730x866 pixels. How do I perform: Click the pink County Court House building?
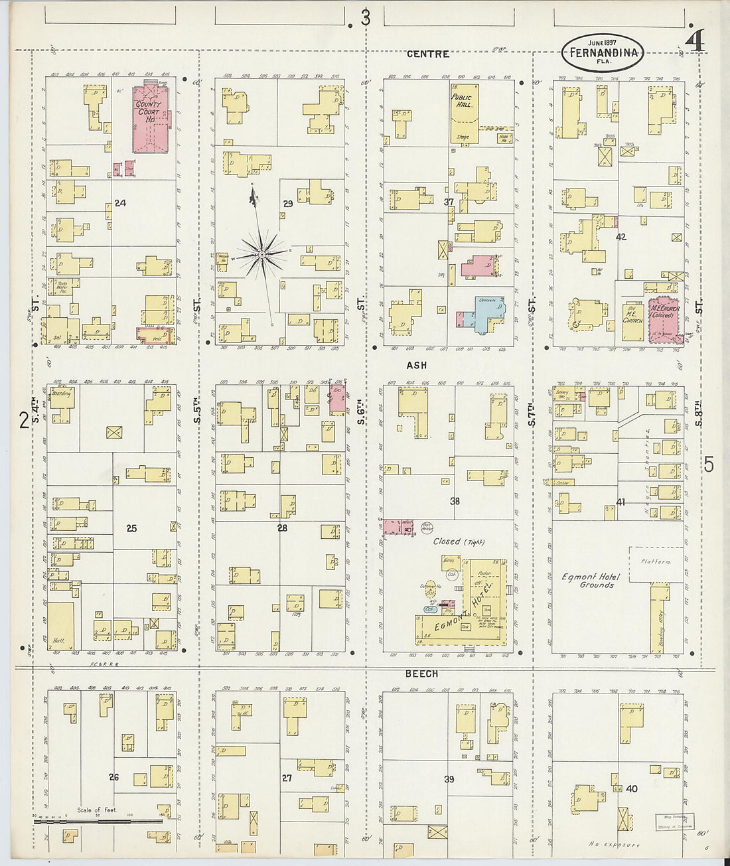point(153,119)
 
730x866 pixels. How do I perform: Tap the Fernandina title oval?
point(603,52)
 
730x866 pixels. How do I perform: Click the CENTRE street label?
point(428,54)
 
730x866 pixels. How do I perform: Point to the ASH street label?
point(417,365)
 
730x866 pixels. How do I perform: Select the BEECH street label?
point(421,674)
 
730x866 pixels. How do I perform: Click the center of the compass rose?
point(262,254)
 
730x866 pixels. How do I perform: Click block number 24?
point(120,203)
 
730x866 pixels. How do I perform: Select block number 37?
point(449,202)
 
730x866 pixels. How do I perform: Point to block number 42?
point(621,236)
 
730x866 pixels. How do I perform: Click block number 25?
point(131,528)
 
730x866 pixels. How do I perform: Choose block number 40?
point(632,789)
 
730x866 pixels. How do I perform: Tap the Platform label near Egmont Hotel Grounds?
point(656,561)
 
